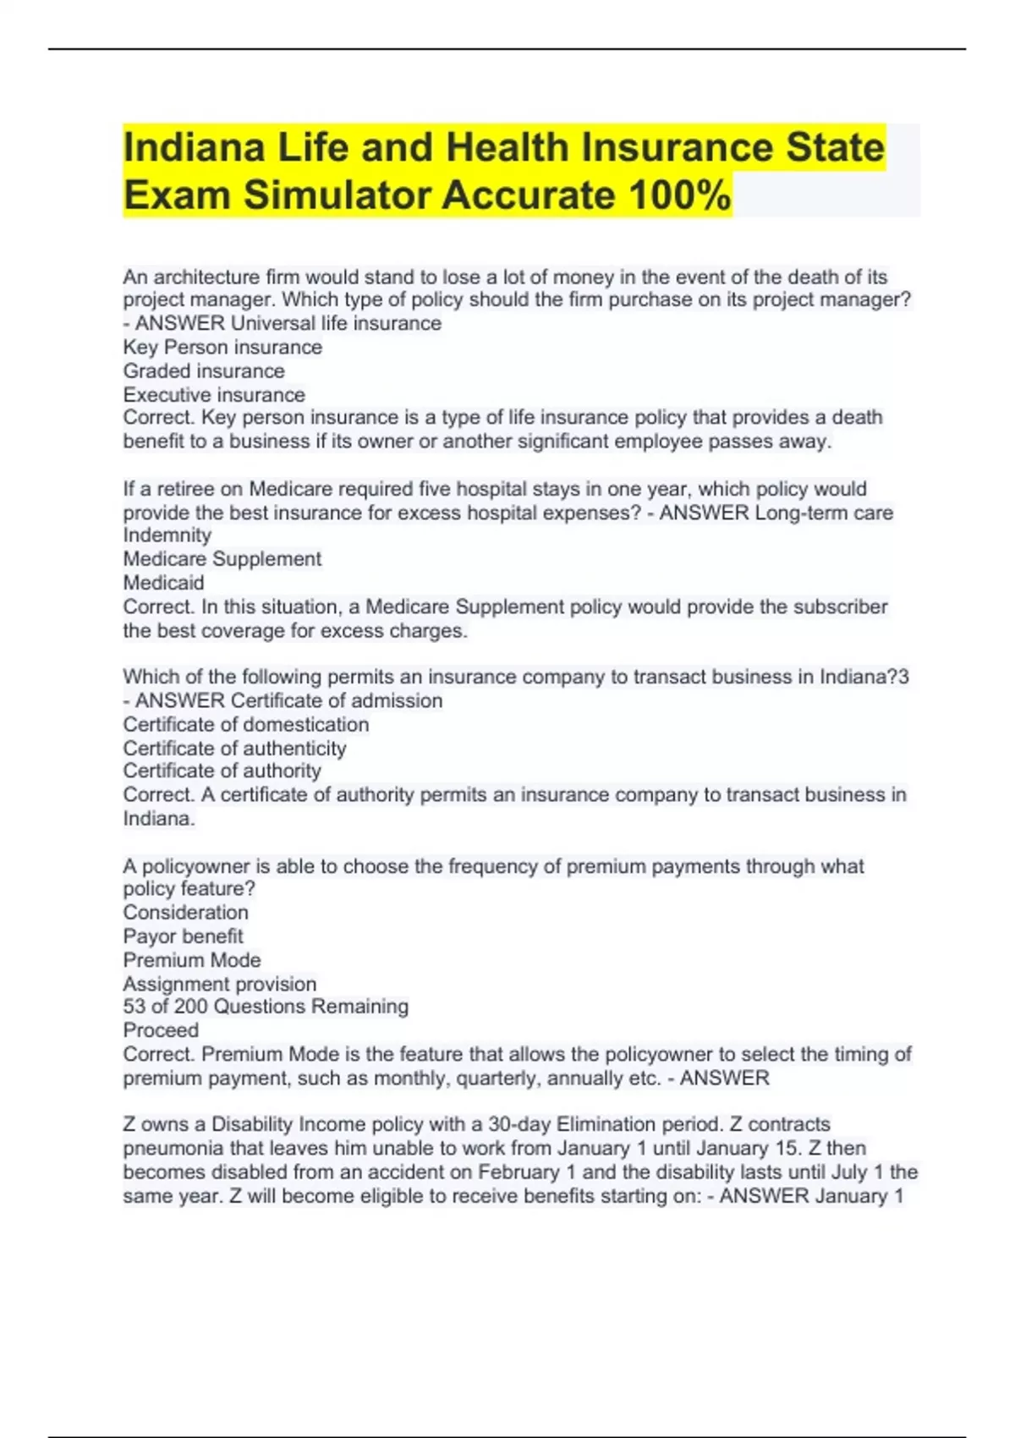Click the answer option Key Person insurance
pyautogui.click(x=222, y=348)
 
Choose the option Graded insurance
pyautogui.click(x=204, y=371)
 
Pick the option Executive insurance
pyautogui.click(x=214, y=395)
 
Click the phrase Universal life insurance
pyautogui.click(x=336, y=324)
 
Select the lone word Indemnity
pyautogui.click(x=167, y=535)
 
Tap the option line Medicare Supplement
pyautogui.click(x=222, y=559)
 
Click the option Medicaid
pyautogui.click(x=164, y=583)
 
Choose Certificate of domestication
pyautogui.click(x=246, y=725)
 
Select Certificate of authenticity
pyautogui.click(x=235, y=749)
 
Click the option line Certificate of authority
pyautogui.click(x=222, y=771)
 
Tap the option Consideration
pyautogui.click(x=186, y=913)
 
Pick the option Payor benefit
pyautogui.click(x=183, y=936)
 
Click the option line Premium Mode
pyautogui.click(x=192, y=960)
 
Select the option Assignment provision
pyautogui.click(x=220, y=984)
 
